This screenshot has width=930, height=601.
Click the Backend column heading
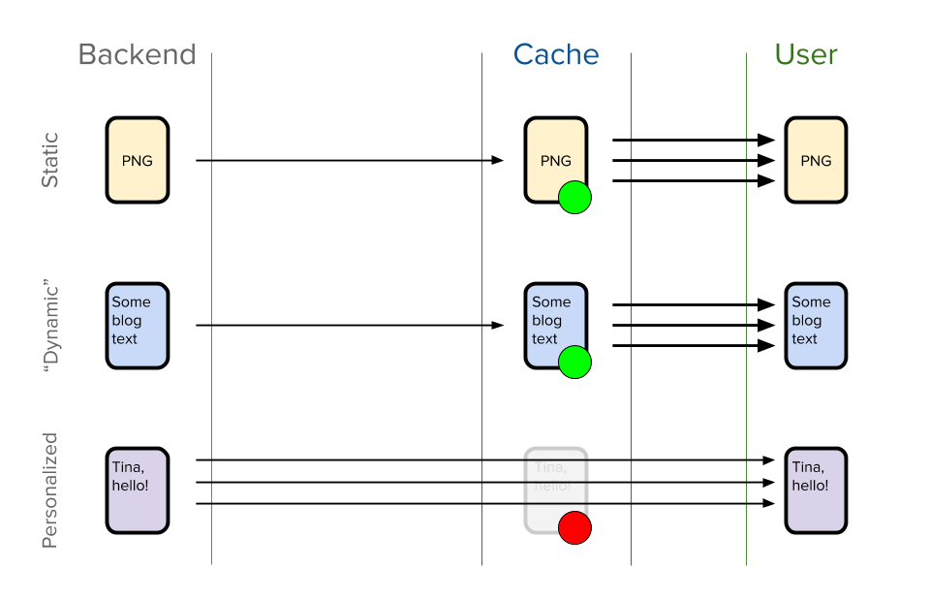point(137,54)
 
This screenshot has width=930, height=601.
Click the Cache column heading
point(556,54)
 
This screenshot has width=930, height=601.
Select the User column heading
point(806,54)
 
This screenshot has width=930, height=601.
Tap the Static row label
point(50,160)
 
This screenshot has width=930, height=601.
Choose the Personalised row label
point(50,490)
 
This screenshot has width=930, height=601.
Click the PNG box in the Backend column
point(137,160)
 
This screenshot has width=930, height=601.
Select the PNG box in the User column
point(816,160)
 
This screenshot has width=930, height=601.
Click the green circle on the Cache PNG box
point(575,198)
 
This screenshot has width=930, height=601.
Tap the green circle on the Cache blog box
point(575,363)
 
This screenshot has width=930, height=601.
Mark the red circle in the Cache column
point(575,528)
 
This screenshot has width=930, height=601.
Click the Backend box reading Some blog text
point(137,326)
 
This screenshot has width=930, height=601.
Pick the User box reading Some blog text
point(816,326)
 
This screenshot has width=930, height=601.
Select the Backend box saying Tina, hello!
point(137,490)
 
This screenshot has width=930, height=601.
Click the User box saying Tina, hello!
point(816,490)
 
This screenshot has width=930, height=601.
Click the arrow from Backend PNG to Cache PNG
point(349,160)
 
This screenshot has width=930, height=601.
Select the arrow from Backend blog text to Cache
point(349,325)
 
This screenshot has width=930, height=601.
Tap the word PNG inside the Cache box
point(556,161)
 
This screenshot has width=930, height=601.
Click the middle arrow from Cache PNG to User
point(694,160)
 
